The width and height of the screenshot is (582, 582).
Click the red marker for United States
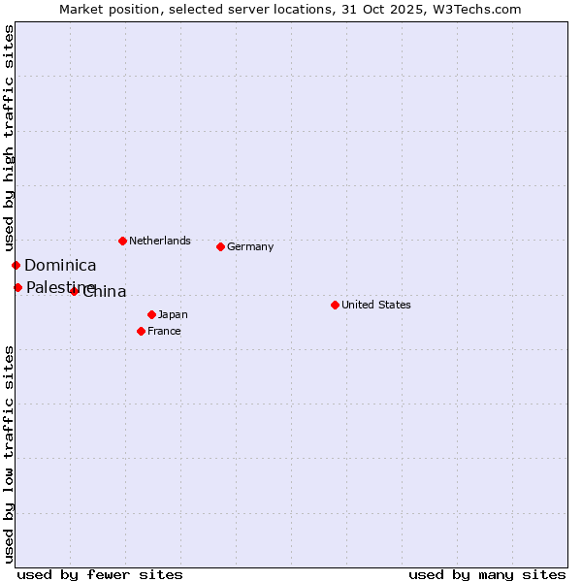click(335, 305)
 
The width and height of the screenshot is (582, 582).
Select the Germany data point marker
click(220, 246)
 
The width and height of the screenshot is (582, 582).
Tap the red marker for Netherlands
click(122, 241)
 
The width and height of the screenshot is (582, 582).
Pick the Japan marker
click(151, 314)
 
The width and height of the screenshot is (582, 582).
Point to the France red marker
click(141, 331)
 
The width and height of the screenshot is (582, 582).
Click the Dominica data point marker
click(16, 265)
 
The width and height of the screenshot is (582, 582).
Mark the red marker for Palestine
click(17, 287)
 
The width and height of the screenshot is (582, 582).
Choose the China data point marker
click(74, 291)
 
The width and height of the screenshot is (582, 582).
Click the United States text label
click(376, 305)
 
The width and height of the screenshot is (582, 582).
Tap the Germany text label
click(250, 246)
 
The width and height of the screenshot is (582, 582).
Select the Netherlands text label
click(160, 241)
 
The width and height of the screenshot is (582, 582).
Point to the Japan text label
click(173, 314)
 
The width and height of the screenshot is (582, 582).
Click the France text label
click(164, 331)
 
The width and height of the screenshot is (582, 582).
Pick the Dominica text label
click(60, 265)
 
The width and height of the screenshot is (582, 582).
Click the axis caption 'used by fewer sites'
click(100, 574)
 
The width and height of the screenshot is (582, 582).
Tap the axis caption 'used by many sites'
click(487, 574)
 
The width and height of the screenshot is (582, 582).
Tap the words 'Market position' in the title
click(106, 9)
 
